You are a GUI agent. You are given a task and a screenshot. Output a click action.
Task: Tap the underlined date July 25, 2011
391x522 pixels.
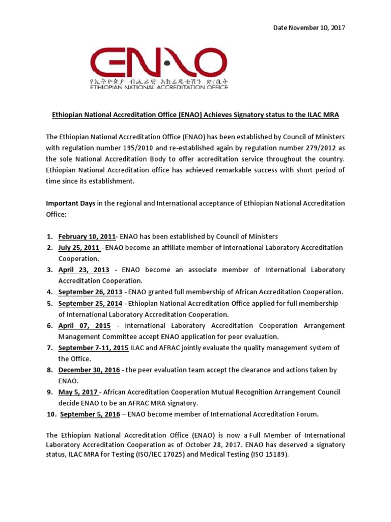tap(79, 248)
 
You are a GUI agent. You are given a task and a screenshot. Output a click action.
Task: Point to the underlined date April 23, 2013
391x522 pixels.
tap(83, 270)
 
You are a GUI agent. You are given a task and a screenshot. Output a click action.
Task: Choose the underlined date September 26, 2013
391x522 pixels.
tap(90, 292)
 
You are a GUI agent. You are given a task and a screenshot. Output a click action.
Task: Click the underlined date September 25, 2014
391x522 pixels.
tap(90, 303)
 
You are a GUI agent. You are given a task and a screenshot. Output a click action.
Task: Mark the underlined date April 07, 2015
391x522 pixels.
tap(85, 325)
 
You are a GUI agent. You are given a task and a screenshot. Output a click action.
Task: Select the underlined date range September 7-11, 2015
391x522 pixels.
tap(93, 348)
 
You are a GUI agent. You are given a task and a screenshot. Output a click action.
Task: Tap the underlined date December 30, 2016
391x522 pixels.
tap(89, 370)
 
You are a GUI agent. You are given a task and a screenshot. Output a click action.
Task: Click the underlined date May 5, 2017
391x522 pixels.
tap(78, 392)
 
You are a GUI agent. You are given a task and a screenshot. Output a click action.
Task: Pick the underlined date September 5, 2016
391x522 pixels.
tap(90, 414)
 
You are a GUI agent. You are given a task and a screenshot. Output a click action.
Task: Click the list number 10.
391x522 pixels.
tap(51, 414)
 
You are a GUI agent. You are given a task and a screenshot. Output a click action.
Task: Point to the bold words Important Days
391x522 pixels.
tap(71, 203)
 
